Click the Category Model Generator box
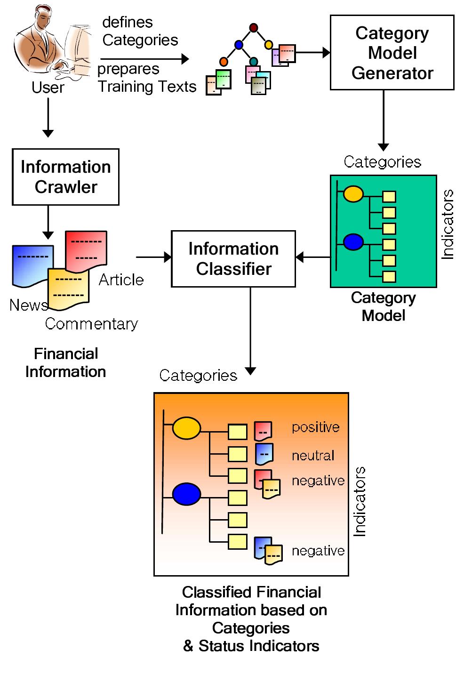(x=392, y=53)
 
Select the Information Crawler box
(x=65, y=177)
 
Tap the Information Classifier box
(x=233, y=259)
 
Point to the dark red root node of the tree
(x=254, y=28)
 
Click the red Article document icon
(x=86, y=249)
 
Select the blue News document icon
(x=32, y=265)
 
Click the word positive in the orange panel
(x=315, y=427)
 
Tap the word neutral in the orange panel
(x=313, y=456)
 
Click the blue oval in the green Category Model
(x=353, y=242)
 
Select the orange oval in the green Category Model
(x=353, y=194)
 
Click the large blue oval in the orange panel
(x=186, y=494)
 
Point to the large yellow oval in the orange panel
(x=186, y=428)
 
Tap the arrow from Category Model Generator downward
(x=384, y=120)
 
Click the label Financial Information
(x=66, y=363)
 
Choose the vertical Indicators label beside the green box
(x=448, y=225)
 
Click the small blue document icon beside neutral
(x=264, y=454)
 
